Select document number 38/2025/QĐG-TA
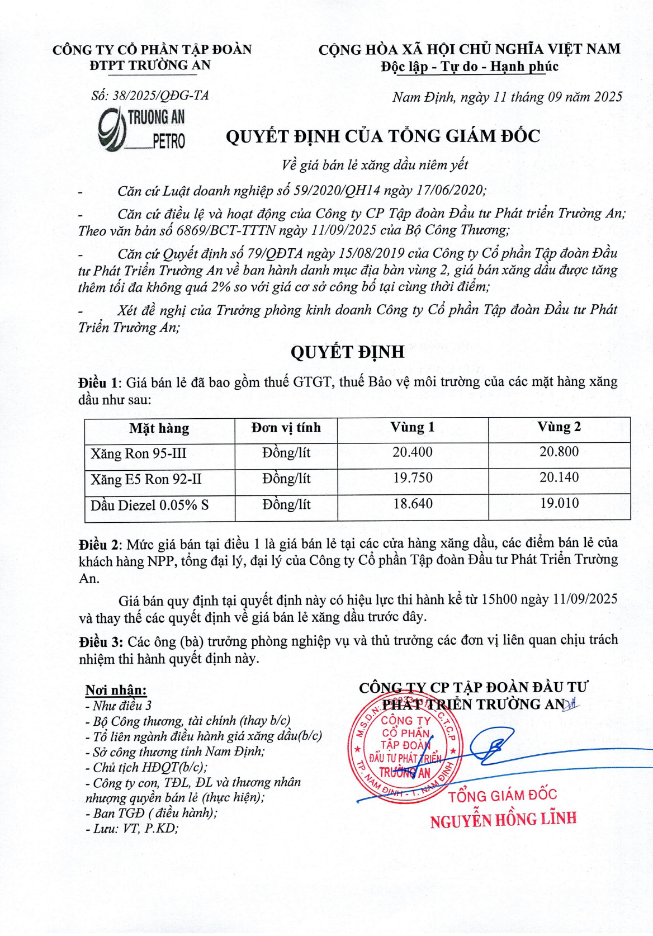click(x=150, y=96)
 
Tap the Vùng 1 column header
click(x=412, y=427)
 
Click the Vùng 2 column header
click(x=559, y=427)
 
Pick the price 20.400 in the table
click(x=412, y=452)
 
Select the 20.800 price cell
click(x=559, y=451)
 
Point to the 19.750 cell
click(x=412, y=478)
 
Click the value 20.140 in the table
click(x=559, y=477)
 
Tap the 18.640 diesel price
click(x=412, y=503)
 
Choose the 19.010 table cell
click(x=559, y=503)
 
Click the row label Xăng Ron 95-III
click(x=138, y=453)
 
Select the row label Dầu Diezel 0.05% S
click(x=149, y=505)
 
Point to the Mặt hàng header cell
click(x=159, y=428)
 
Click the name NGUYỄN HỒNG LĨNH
click(x=503, y=820)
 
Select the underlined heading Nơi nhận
click(x=116, y=690)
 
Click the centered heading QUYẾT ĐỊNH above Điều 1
click(x=347, y=352)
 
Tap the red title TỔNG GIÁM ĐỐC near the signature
click(x=503, y=795)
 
